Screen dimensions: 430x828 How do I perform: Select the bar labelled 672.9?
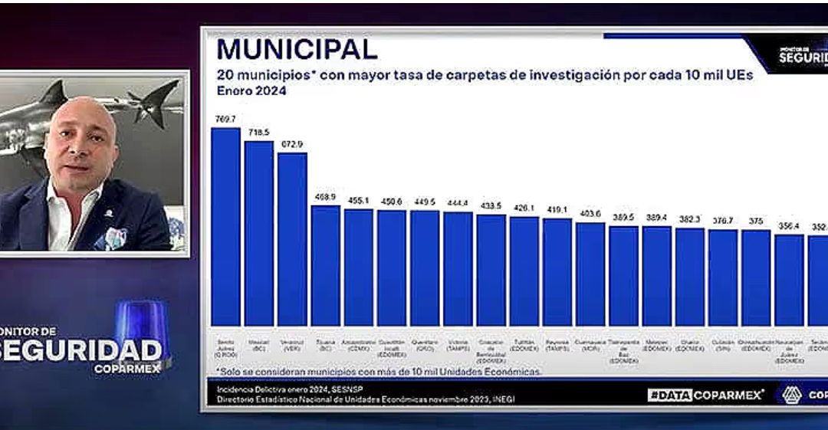point(292,238)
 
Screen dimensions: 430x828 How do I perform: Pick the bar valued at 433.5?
point(491,270)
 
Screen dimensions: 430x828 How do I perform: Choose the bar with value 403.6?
point(590,274)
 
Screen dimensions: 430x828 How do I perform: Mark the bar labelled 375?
point(756,277)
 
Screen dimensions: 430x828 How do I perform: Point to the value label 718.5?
point(259,133)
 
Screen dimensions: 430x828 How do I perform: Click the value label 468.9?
point(325,197)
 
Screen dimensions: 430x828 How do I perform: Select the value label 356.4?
point(789,226)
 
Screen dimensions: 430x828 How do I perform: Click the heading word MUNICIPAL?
point(297,49)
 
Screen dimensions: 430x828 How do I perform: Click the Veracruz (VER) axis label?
point(292,344)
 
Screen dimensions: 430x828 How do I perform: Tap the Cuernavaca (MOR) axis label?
point(590,344)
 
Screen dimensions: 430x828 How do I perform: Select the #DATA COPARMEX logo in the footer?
point(705,395)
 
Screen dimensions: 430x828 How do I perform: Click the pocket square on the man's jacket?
point(115,237)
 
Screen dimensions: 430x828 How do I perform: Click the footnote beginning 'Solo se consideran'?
point(379,371)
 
